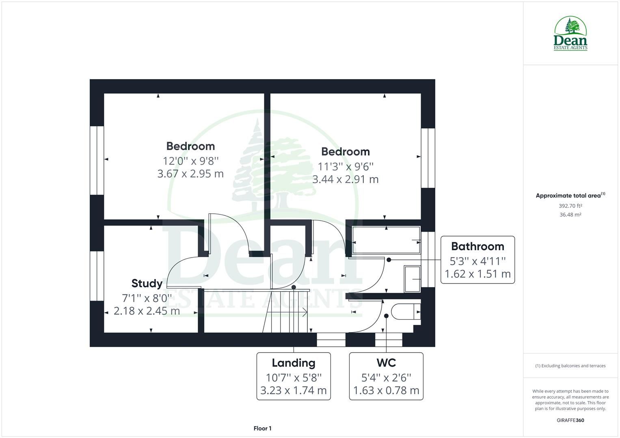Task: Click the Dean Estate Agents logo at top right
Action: [570, 33]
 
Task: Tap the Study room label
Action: [147, 283]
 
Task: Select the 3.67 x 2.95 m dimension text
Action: [190, 174]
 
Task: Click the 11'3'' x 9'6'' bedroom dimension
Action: [345, 166]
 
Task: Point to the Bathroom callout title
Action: [477, 246]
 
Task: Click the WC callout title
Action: [386, 362]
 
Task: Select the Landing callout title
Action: [293, 363]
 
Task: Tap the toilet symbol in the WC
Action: [408, 311]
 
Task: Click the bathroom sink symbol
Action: [413, 279]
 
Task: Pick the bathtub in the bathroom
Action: [386, 240]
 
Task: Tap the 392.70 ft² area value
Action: [570, 206]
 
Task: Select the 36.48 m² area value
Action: [570, 215]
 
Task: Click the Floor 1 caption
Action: [262, 428]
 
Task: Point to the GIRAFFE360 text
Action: [570, 420]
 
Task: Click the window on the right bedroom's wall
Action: [428, 158]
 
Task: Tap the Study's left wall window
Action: [97, 276]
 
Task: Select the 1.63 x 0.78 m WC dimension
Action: [386, 391]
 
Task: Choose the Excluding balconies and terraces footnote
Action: [570, 366]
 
